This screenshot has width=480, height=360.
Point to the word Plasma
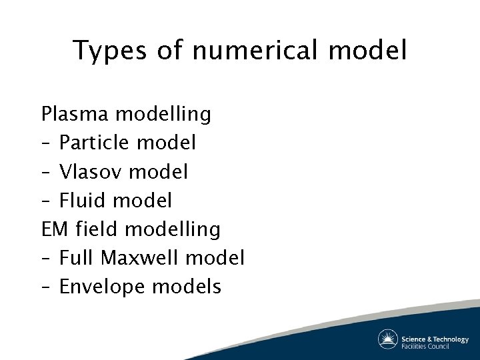(75, 114)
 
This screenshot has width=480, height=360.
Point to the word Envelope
(103, 287)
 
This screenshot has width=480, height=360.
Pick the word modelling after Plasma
(163, 114)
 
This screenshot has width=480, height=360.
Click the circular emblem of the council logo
(388, 339)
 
